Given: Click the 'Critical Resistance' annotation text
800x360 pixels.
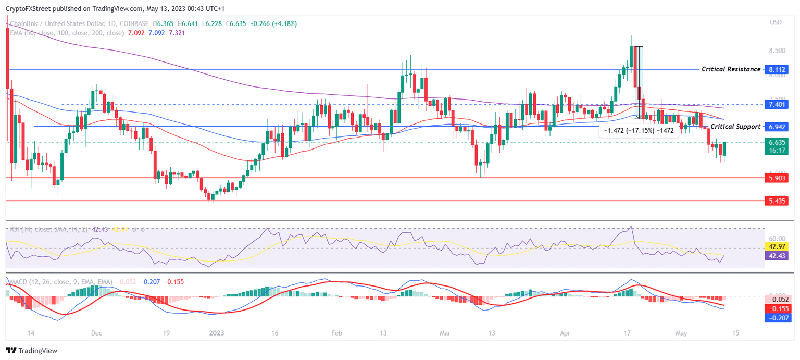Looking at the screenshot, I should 731,69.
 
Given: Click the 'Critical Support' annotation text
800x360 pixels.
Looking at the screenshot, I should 735,127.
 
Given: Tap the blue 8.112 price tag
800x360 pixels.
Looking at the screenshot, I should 777,69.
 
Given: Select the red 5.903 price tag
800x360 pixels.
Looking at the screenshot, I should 777,178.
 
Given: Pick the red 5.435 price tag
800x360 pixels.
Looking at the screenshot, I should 777,201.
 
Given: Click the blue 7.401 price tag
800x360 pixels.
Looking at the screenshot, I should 777,104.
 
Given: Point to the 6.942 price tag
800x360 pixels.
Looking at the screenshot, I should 777,127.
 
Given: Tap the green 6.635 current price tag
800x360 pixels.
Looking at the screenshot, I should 777,142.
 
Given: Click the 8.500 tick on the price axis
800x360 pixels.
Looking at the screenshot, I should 777,51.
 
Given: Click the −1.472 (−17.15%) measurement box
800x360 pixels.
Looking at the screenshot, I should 638,131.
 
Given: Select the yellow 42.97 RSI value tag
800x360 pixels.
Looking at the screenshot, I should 777,246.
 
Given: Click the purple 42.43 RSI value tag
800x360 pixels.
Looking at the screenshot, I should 777,256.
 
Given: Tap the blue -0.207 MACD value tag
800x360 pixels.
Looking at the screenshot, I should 777,318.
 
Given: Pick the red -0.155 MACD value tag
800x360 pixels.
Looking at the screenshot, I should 777,308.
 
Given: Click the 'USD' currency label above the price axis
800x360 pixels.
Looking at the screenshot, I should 776,22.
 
